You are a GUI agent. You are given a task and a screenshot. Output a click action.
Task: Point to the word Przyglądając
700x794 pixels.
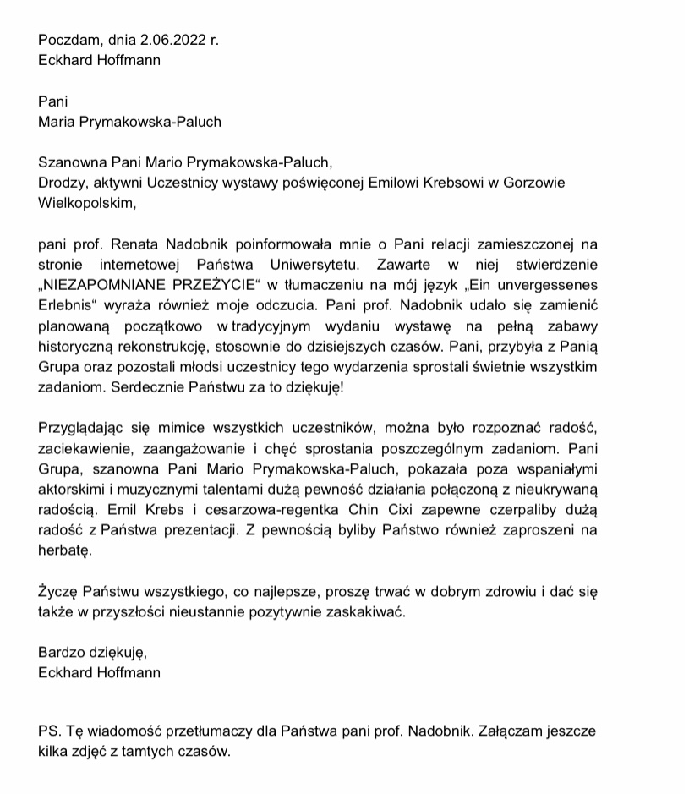79,429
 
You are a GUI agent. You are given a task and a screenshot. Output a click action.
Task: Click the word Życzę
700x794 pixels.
57,592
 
